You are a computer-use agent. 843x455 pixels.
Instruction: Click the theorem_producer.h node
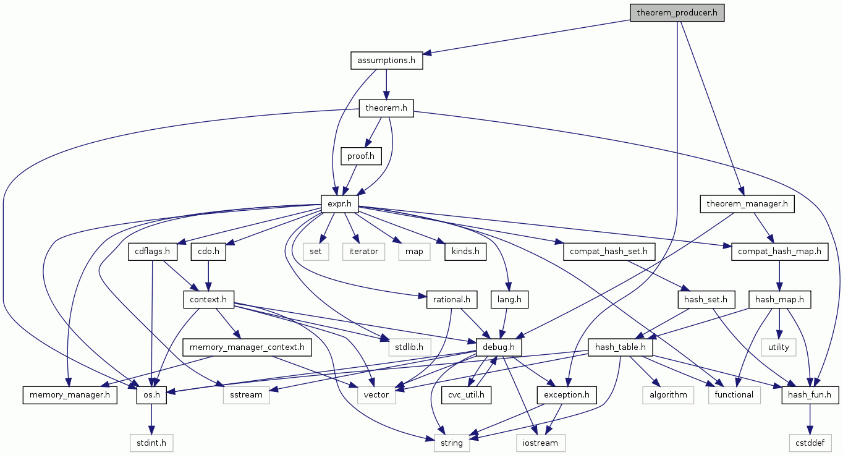click(x=677, y=12)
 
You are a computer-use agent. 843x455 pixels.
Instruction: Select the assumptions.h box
click(x=386, y=61)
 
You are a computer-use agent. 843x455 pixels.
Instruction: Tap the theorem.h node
click(x=386, y=108)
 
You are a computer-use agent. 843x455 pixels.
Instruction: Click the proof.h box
click(x=361, y=156)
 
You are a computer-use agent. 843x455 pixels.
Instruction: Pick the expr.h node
click(x=340, y=203)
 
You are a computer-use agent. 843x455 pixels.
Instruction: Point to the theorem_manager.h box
click(x=746, y=203)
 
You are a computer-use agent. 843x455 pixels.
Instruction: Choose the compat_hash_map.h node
click(x=779, y=252)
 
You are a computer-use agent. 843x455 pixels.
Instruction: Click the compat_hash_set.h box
click(x=609, y=252)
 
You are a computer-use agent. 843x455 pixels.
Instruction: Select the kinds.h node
click(x=465, y=252)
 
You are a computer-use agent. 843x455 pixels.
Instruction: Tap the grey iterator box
click(x=363, y=252)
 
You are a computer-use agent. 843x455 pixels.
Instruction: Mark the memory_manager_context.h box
click(x=247, y=347)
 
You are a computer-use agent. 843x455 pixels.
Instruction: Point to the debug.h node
click(x=498, y=347)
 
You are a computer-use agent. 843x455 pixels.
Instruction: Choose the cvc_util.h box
click(x=466, y=394)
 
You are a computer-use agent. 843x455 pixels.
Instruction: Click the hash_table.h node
click(x=621, y=347)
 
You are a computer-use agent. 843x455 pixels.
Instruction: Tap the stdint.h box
click(x=151, y=443)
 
